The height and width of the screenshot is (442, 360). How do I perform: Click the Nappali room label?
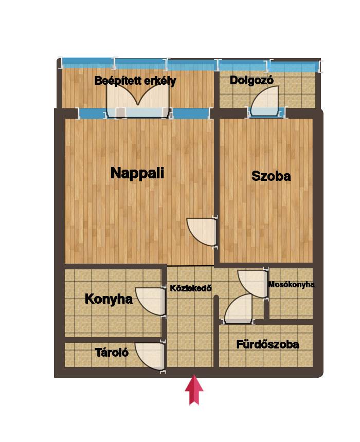point(137,173)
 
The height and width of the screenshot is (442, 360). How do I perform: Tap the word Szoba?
point(271,176)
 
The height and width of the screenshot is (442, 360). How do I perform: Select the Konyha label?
point(109,299)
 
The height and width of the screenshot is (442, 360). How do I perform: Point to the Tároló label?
point(112,353)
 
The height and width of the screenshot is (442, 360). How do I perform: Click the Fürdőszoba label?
point(267,344)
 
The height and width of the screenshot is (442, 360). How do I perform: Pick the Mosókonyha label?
point(291,284)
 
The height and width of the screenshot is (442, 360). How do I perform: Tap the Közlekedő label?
point(190,288)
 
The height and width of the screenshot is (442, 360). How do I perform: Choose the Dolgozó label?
point(251,81)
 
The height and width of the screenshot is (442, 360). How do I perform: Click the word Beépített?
point(118,81)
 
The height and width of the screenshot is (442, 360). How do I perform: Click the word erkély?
point(160,82)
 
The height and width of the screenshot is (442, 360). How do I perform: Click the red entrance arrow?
point(194,390)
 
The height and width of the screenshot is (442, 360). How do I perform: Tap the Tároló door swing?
point(150,356)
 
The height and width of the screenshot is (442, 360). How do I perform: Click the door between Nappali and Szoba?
point(202,232)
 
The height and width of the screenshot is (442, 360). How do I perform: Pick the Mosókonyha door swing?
point(252,284)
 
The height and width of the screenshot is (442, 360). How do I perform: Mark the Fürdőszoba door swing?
point(239,309)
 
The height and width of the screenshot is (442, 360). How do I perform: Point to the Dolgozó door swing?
point(265,101)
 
